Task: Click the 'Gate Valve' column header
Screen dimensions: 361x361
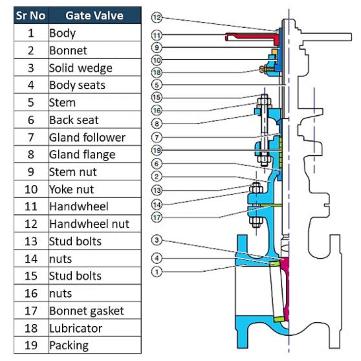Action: tap(94, 16)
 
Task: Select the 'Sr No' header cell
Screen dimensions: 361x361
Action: tap(31, 16)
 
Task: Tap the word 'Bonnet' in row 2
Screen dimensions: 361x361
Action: tap(68, 50)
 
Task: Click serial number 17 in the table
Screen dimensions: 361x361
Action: tap(31, 311)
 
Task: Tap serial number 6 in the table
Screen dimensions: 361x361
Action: tap(31, 120)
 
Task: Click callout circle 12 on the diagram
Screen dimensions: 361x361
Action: tap(157, 17)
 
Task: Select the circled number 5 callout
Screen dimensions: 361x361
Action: tap(157, 85)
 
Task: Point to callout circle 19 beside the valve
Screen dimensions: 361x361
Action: tap(157, 150)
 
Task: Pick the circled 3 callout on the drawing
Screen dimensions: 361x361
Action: tap(157, 240)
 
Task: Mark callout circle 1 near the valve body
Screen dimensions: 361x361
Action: tap(157, 272)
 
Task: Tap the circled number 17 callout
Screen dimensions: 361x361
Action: tap(157, 217)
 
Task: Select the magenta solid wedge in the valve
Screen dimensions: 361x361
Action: tap(285, 288)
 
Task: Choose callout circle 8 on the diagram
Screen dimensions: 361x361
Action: tap(157, 124)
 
